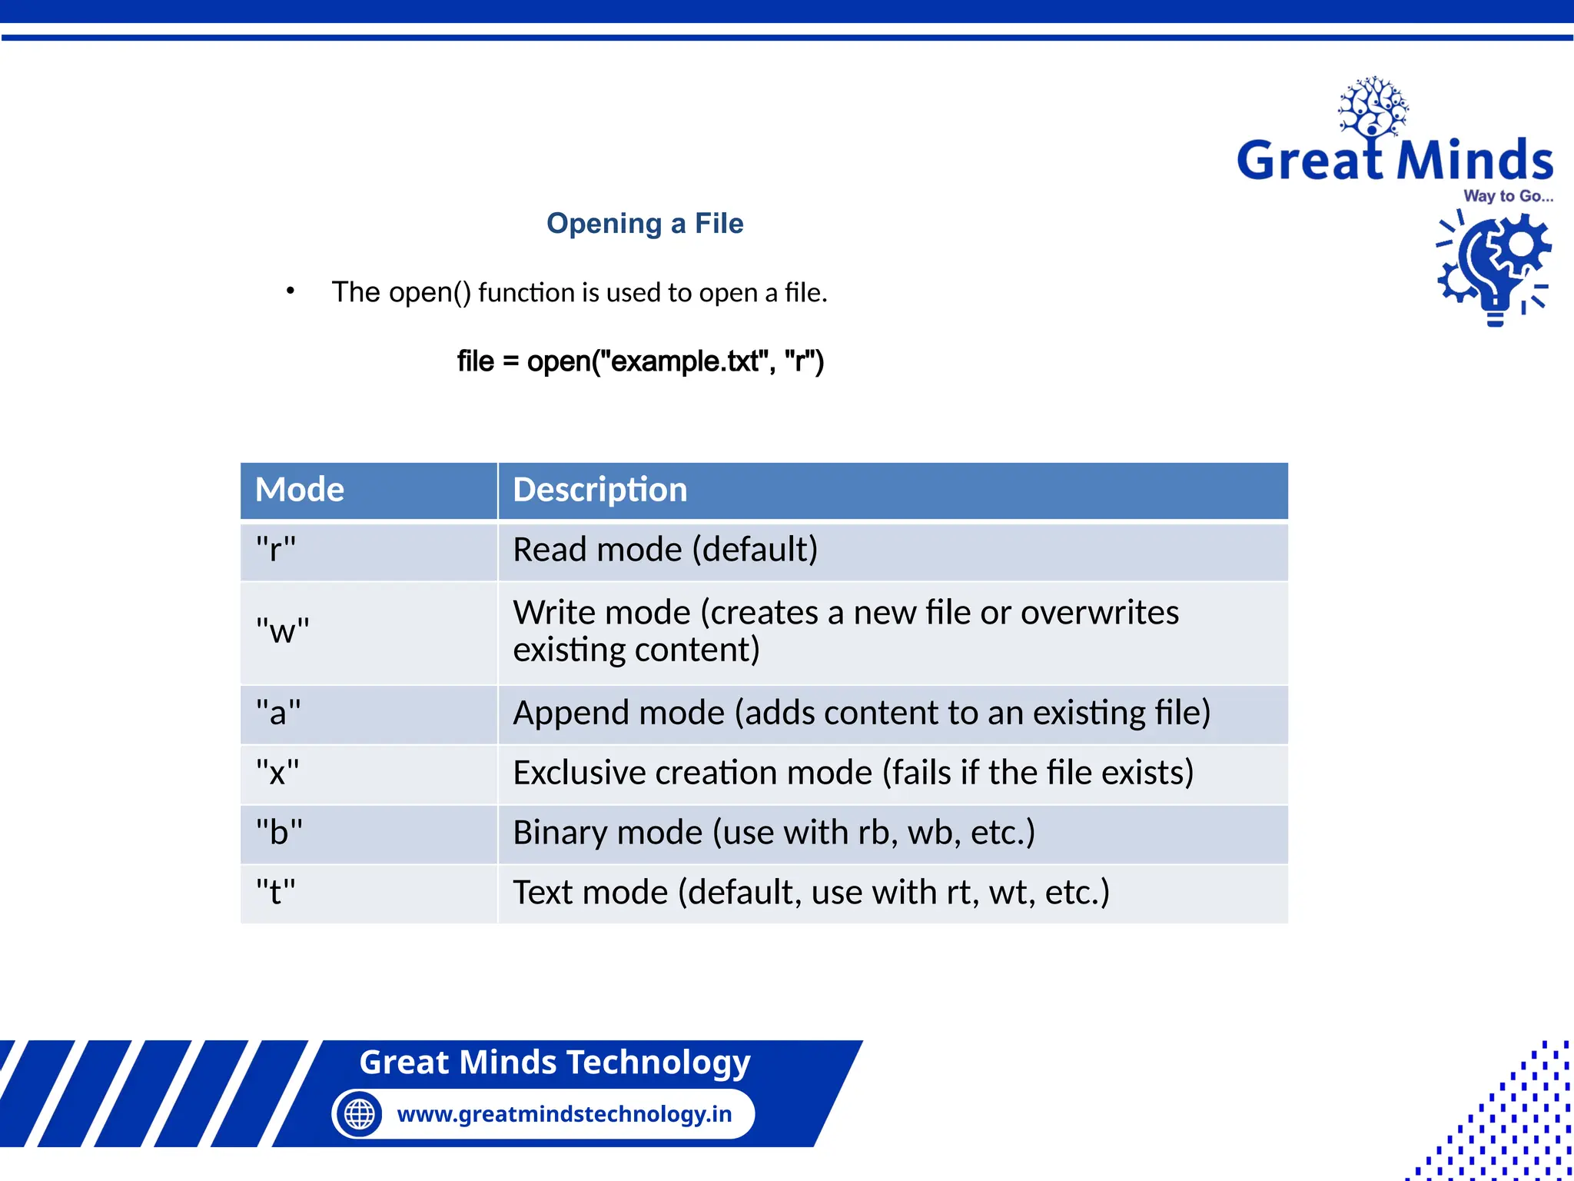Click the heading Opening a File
tap(645, 224)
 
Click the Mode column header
tap(300, 490)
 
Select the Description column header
tap(600, 490)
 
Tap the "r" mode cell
tap(276, 550)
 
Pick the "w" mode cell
tap(282, 631)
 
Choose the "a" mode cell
tap(278, 713)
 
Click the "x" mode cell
tap(277, 773)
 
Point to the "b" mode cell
tap(279, 833)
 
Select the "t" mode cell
tap(275, 893)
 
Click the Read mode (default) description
tap(666, 550)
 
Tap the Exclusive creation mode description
tap(853, 773)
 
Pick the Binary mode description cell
tap(774, 833)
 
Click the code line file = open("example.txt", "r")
tap(640, 361)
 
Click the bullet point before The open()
tap(290, 291)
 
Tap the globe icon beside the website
tap(359, 1113)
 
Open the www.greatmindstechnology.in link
tap(564, 1113)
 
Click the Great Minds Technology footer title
tap(554, 1062)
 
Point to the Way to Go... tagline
tap(1508, 196)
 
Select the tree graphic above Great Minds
tap(1373, 108)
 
